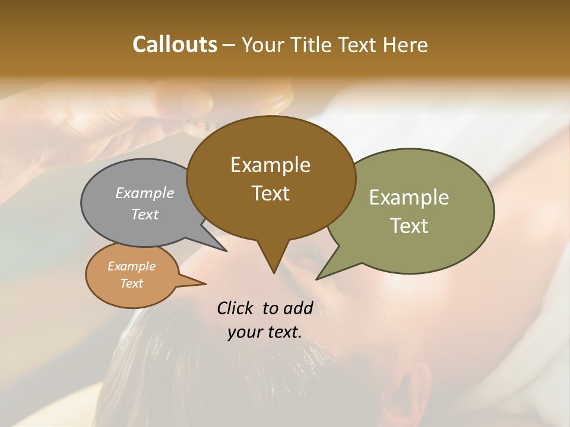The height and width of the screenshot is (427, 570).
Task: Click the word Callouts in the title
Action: click(175, 44)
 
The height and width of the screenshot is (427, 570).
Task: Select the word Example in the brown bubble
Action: click(270, 165)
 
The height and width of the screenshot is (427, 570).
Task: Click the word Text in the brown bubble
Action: click(270, 193)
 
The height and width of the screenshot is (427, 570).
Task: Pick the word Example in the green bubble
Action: click(409, 197)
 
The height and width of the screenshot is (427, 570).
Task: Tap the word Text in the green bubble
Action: click(409, 226)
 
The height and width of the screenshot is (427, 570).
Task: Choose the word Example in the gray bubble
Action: click(145, 193)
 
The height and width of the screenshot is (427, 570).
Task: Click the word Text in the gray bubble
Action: click(145, 215)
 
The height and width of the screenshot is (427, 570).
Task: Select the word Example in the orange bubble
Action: click(131, 266)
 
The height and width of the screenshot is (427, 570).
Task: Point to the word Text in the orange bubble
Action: click(131, 283)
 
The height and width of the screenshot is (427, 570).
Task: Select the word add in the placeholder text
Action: click(298, 308)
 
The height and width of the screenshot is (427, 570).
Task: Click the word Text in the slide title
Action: click(362, 44)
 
